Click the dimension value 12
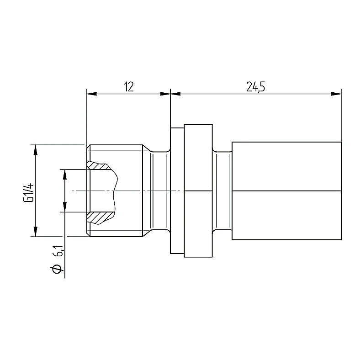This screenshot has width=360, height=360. pyautogui.click(x=129, y=87)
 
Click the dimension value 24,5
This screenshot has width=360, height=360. pyautogui.click(x=255, y=87)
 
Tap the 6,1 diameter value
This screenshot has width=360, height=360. pyautogui.click(x=58, y=251)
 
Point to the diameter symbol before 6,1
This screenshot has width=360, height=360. pyautogui.click(x=57, y=269)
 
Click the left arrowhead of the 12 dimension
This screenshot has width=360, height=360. pyautogui.click(x=92, y=94)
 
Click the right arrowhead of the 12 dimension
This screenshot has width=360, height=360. pyautogui.click(x=165, y=94)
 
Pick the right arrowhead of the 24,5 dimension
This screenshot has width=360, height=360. pyautogui.click(x=336, y=94)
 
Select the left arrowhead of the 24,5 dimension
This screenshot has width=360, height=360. pyautogui.click(x=175, y=94)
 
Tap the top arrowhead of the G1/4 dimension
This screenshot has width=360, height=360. pyautogui.click(x=35, y=150)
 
